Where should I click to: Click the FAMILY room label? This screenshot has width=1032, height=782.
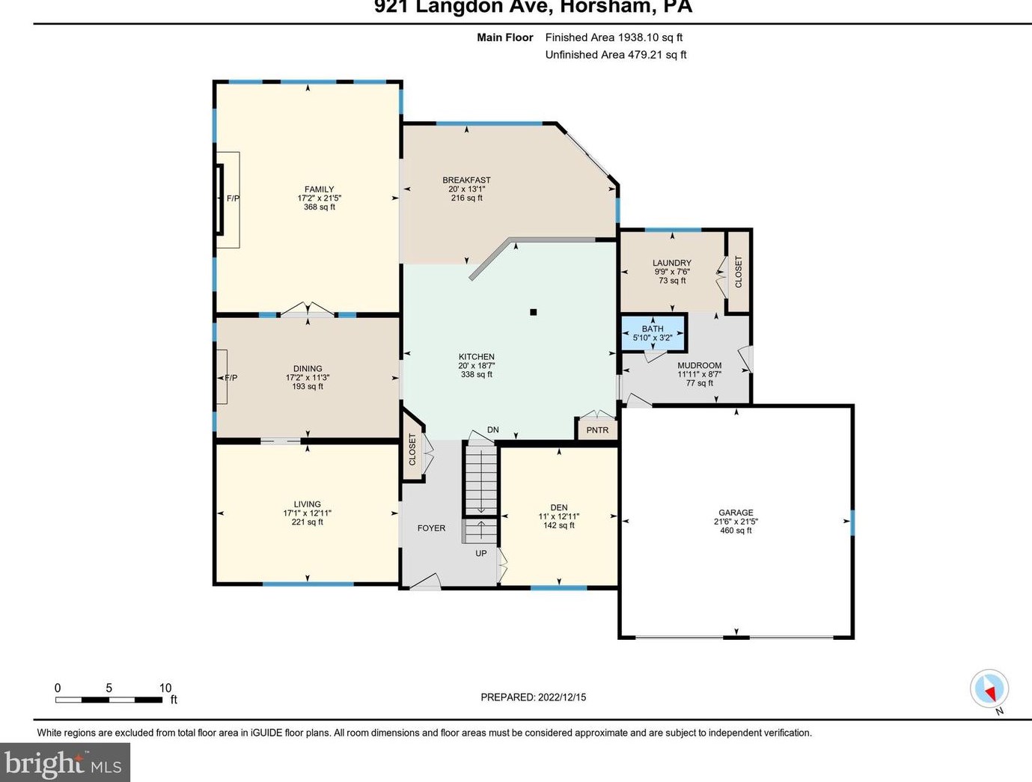pos(320,189)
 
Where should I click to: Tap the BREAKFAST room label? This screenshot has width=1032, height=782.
pos(466,180)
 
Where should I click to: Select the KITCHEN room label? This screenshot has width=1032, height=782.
pos(476,357)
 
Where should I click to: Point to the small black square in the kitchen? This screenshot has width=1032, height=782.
pos(533,312)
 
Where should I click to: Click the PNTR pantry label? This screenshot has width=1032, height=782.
pos(597,430)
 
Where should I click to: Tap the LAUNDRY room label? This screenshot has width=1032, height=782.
pos(672,263)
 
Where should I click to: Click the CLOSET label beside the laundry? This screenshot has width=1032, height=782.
pos(738,272)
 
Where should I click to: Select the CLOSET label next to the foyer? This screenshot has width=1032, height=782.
pos(412,450)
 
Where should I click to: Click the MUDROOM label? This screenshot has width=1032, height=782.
pos(699,365)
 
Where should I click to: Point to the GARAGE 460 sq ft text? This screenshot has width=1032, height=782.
pos(736,531)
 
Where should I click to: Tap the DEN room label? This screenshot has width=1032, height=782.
pos(559,507)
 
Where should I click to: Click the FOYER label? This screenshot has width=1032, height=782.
pos(431,528)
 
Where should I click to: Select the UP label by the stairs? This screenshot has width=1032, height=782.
pos(480,553)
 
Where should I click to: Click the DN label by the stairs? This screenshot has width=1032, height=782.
pos(492,430)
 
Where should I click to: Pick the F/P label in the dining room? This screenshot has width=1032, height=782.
pos(230,378)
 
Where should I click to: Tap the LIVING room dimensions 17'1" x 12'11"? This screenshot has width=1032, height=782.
pos(307,513)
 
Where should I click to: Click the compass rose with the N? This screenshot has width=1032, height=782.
pos(989,689)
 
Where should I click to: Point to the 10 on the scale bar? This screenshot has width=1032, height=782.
pos(165,688)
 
